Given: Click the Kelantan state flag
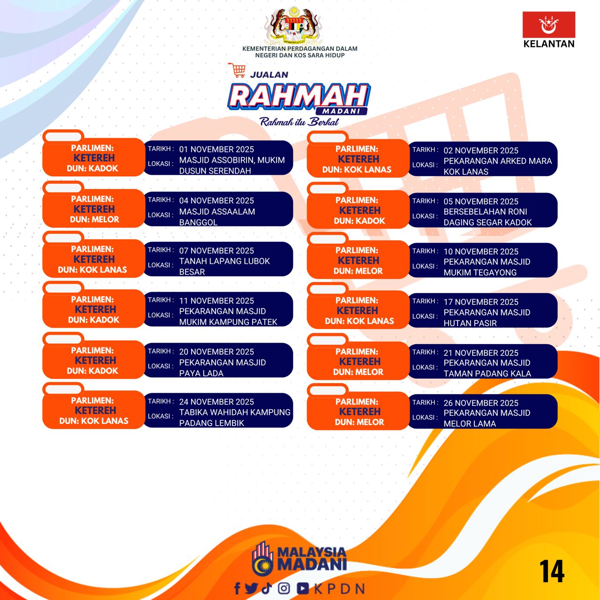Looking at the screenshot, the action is click(548, 24).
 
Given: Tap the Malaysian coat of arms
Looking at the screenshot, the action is click(292, 26).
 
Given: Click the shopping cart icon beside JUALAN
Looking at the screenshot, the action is click(237, 70).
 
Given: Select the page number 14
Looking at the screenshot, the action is click(552, 571).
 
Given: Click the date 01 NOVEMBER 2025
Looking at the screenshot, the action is click(217, 149).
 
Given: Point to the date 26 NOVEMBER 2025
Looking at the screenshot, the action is click(481, 403).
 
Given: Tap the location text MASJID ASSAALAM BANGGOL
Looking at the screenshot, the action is click(217, 217).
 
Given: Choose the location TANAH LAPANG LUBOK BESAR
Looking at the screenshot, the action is click(224, 266).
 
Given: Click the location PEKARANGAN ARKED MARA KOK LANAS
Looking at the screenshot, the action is click(497, 166).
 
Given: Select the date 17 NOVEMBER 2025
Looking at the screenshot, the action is click(481, 301).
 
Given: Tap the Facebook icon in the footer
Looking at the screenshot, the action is click(237, 588).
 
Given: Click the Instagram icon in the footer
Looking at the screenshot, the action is click(284, 588).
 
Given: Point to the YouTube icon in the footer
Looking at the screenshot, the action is click(303, 588).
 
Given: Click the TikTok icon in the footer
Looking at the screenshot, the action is click(266, 588).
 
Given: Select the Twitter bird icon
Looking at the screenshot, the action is click(251, 588).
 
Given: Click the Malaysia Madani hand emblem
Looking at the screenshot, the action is click(262, 559).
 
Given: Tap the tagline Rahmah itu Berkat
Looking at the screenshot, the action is click(299, 122).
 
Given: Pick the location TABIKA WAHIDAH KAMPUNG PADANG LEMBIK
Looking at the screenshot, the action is click(235, 417).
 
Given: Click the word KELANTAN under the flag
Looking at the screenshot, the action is click(548, 44).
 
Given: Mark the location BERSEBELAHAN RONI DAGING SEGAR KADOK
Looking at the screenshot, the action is click(487, 217).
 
